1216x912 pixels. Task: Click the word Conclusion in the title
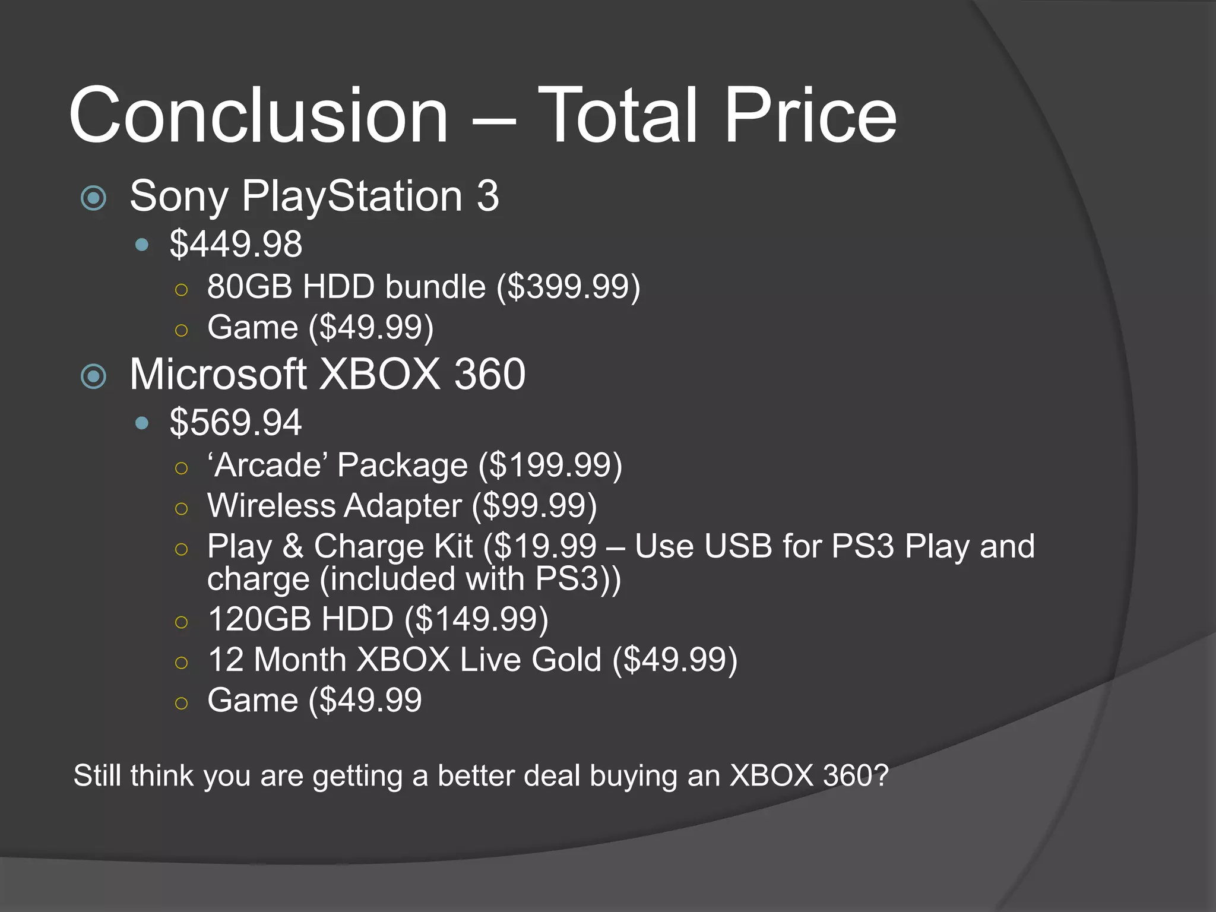tap(258, 115)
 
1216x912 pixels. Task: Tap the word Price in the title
tap(810, 115)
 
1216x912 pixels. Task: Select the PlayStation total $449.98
tap(236, 244)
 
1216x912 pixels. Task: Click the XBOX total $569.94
tap(236, 423)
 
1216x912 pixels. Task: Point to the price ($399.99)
tap(568, 287)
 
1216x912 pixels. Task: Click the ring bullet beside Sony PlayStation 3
tap(93, 198)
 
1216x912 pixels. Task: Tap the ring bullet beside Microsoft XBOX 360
tap(93, 376)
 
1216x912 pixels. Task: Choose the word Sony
tap(179, 197)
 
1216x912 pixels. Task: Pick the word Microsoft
tap(218, 375)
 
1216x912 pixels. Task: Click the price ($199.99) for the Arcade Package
tap(550, 465)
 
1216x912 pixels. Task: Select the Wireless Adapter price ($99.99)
tap(534, 506)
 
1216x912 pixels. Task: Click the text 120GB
tap(259, 619)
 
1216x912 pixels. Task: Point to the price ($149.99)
tap(476, 619)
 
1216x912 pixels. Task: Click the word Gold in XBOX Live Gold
tap(566, 660)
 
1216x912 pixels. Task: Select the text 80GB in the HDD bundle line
tap(249, 287)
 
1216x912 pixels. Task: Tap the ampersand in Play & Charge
tap(293, 546)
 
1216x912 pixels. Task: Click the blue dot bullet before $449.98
tap(141, 244)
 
